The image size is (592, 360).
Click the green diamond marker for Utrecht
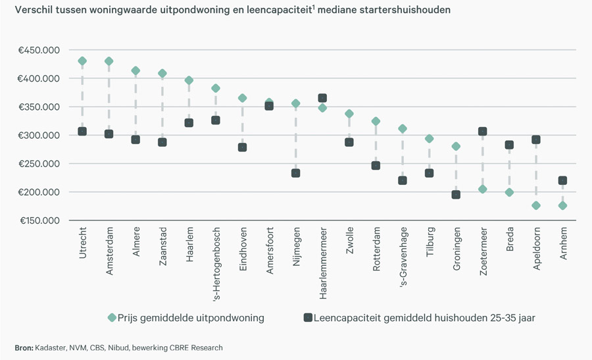point(82,61)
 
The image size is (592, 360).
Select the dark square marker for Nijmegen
point(296,173)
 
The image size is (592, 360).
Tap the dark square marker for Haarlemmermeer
point(322,98)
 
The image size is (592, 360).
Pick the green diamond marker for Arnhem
point(562,205)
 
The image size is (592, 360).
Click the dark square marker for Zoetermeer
point(482,132)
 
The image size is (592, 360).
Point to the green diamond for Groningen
point(456,146)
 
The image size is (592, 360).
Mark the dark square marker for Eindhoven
point(242,147)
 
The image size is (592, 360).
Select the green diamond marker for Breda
point(509,192)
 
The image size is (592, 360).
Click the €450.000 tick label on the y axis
point(41,50)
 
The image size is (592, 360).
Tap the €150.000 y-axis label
point(41,220)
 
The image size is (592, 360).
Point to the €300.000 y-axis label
point(41,136)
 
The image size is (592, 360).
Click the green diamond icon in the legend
point(112,318)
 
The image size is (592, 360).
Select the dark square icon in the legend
point(307,318)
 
